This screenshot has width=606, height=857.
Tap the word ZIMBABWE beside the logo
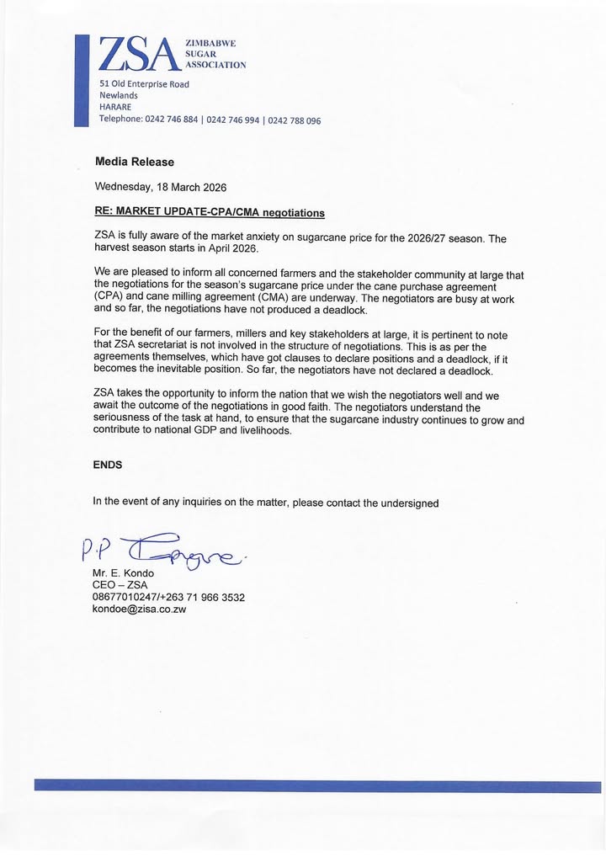coord(210,42)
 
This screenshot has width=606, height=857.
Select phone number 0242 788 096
coord(295,120)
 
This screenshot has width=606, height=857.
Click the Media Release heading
coord(135,162)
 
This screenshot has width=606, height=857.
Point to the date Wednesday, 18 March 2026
coord(161,187)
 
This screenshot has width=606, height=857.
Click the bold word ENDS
coord(108,464)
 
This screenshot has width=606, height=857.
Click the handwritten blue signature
coord(168,549)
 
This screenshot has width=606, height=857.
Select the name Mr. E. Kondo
coord(123,573)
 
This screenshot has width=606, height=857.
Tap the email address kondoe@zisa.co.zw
coord(139,609)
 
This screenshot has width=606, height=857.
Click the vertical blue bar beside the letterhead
coord(81,81)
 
